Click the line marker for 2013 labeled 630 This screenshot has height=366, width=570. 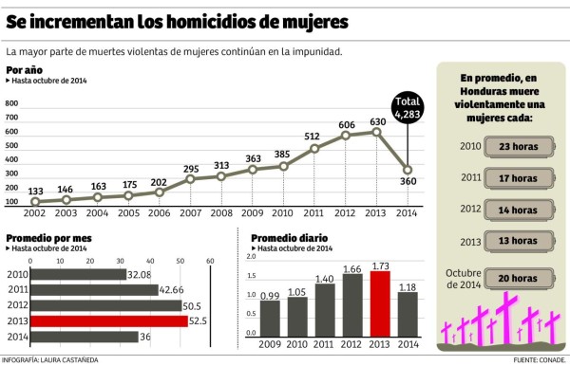(378, 132)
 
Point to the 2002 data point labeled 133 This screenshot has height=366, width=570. (35, 202)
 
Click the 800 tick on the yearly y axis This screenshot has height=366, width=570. (12, 103)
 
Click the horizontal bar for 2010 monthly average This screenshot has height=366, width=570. (78, 274)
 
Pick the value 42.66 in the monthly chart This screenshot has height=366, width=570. (172, 290)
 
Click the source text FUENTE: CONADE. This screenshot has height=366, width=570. (538, 360)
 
